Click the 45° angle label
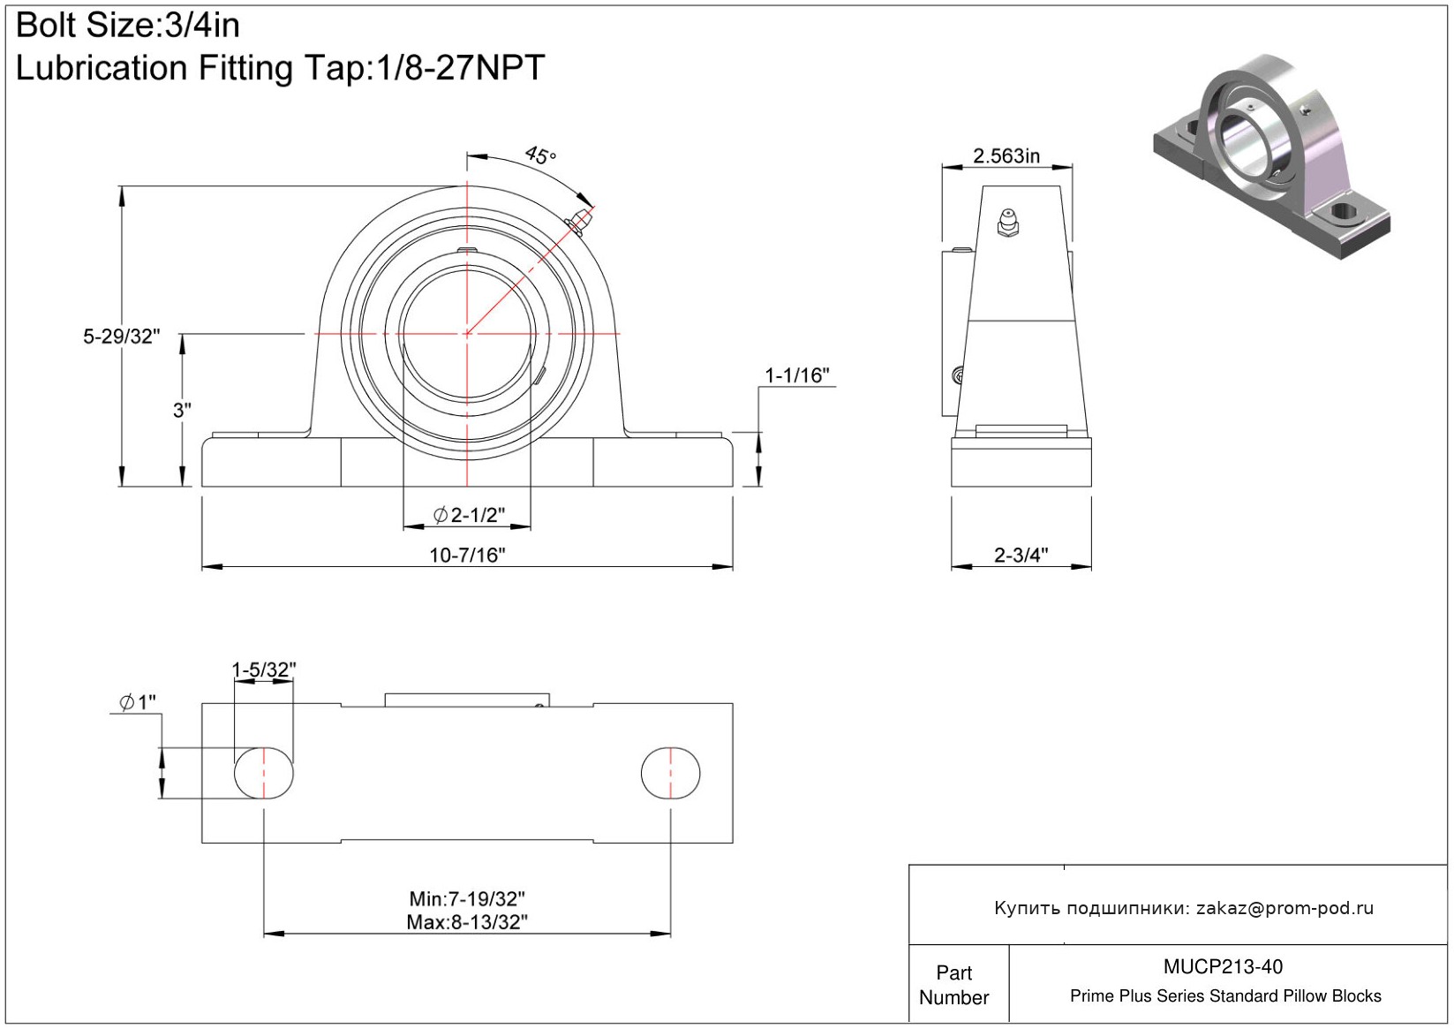(540, 155)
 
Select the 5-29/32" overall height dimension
(121, 337)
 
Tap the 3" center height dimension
(182, 410)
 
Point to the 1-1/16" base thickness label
(797, 375)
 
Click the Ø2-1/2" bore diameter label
(469, 515)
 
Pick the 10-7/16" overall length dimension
(467, 555)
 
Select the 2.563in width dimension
(1006, 156)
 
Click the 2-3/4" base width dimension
(1021, 555)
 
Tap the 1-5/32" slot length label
(264, 670)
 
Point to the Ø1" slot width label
(138, 702)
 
